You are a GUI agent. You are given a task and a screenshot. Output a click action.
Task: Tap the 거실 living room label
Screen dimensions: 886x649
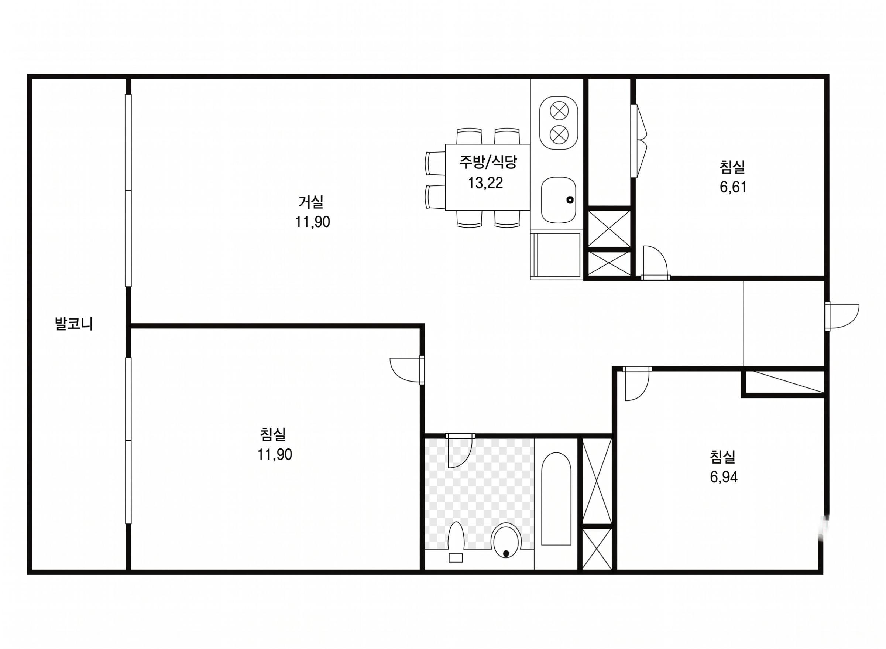point(311,202)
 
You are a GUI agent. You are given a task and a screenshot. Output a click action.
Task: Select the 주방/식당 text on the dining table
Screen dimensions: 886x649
point(488,162)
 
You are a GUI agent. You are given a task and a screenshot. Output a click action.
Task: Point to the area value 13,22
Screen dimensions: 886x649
point(485,183)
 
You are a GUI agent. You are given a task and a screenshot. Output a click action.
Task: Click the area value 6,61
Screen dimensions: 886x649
point(732,187)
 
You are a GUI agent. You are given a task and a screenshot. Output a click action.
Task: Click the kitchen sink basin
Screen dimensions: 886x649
point(558,199)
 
